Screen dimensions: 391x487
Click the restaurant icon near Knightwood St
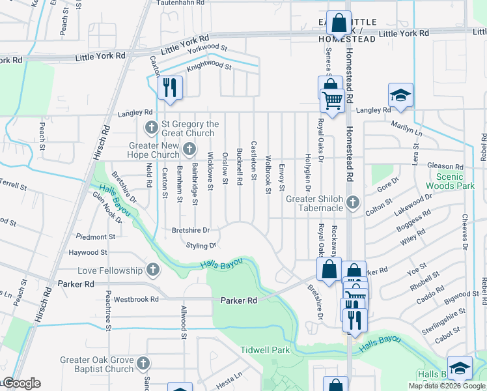tap(170, 88)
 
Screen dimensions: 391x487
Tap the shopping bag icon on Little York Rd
tap(339, 23)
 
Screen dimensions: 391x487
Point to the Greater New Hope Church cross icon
tap(189, 149)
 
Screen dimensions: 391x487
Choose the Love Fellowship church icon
tap(152, 270)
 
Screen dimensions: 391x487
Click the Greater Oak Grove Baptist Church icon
tap(143, 363)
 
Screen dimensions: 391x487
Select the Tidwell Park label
tap(265, 350)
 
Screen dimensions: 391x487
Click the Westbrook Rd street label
tap(136, 300)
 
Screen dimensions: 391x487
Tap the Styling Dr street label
tap(201, 246)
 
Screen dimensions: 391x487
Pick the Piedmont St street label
tap(96, 237)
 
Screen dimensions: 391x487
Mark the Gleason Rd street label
tap(446, 167)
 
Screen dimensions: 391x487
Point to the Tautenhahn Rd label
tap(180, 3)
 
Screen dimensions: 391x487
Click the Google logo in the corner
tap(21, 383)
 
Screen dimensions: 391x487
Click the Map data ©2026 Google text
tap(447, 386)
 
